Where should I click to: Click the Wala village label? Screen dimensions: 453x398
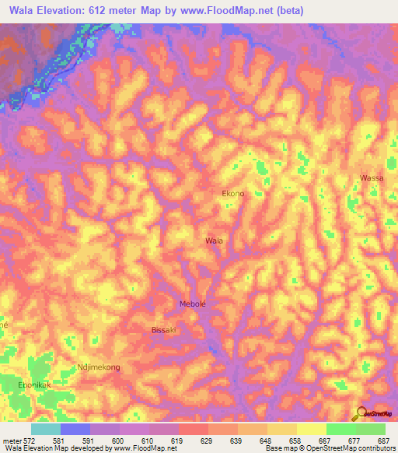point(214,241)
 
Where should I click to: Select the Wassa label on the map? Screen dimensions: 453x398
point(372,178)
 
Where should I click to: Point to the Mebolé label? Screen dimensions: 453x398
point(193,304)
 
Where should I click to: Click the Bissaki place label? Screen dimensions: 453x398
point(165,331)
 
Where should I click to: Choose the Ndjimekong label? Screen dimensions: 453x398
point(99,367)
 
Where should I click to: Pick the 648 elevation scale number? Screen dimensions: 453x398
point(265,441)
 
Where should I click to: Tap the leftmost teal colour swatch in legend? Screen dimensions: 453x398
point(46,429)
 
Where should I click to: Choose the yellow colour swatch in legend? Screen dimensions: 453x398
point(311,429)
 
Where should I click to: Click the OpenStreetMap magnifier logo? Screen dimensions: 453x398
point(360,413)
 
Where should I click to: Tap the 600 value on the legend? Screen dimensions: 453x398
point(117,441)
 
